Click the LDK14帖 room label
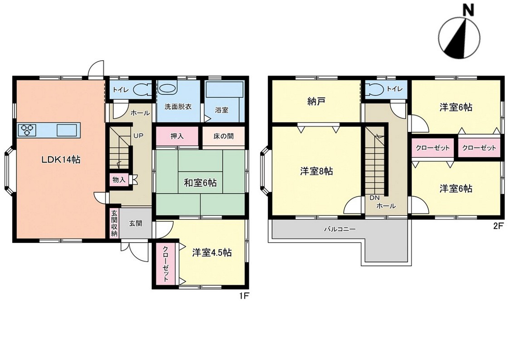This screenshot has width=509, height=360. coord(60,160)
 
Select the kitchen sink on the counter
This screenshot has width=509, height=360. coord(67,130)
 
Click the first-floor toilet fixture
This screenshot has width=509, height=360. coord(142,90)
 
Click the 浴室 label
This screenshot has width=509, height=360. coord(222,110)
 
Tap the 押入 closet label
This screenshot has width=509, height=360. coord(177,136)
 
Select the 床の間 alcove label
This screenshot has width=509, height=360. coord(223,136)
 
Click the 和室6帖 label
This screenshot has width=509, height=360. coord(200,183)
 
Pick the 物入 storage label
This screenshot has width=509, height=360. coord(119,180)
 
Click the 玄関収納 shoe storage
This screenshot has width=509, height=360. coord(114,224)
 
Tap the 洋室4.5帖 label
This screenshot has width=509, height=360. coord(212,253)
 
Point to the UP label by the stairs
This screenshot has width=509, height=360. coord(138,136)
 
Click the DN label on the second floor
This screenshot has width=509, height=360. coord(374,197)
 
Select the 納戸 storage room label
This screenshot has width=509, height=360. coord(316,102)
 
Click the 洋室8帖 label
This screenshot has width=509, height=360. coord(316,171)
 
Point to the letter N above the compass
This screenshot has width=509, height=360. coord(468,11)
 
